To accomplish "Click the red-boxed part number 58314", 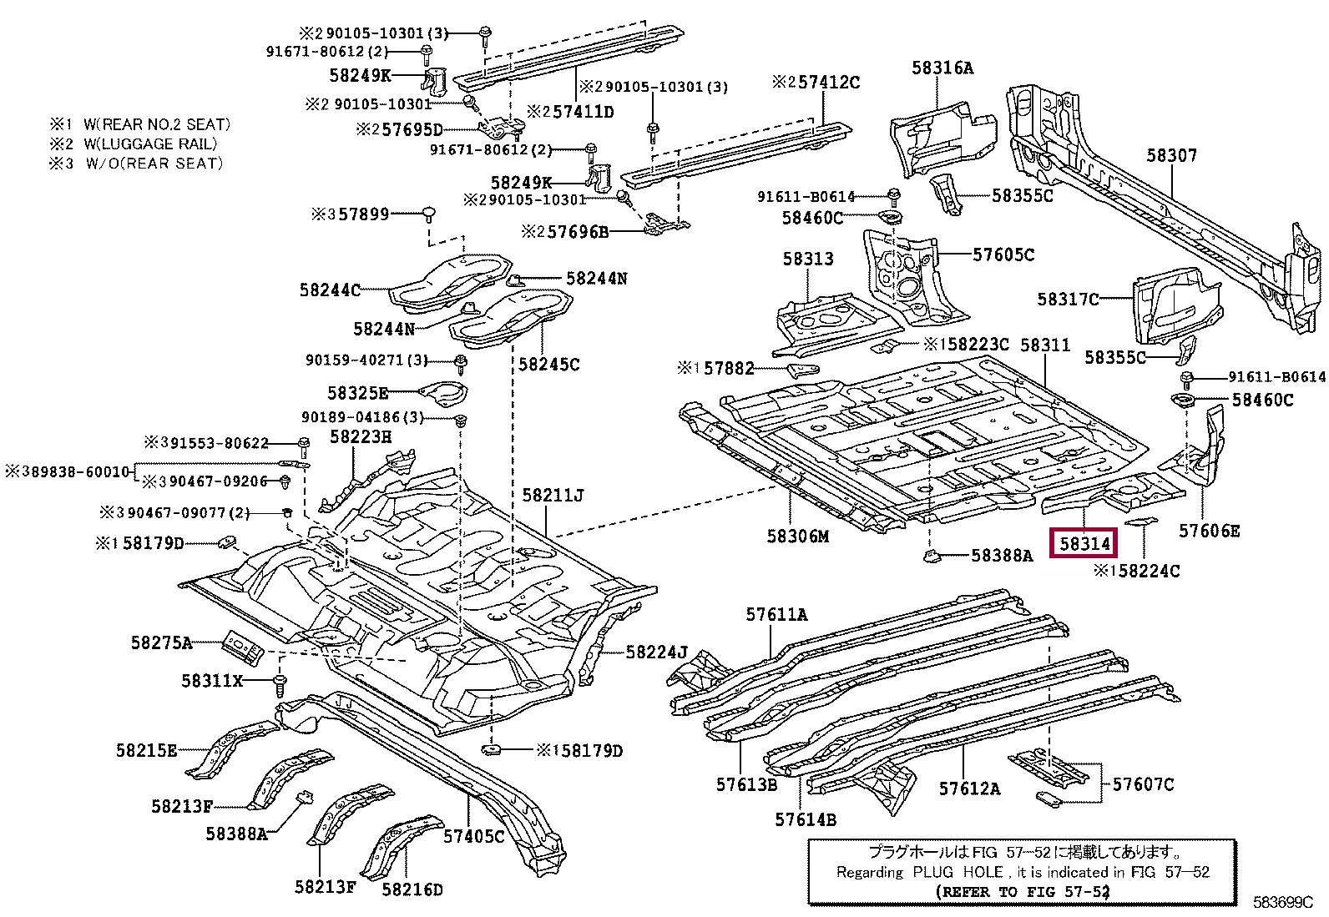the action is point(1084,543).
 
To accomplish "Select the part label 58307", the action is point(1172,155).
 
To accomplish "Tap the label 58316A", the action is point(942,68).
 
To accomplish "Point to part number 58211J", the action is point(553,495).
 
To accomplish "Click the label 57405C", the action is point(475,836).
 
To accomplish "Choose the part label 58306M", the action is point(798,537).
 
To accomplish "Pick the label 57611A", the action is point(776,614).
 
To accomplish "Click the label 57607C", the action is point(1144,784).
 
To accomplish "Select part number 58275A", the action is point(162,642).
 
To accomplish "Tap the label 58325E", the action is point(358,393).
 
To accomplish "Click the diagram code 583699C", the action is point(1283,902).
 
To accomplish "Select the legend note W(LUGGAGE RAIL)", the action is point(151,144).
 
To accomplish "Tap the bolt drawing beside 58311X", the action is point(280,684).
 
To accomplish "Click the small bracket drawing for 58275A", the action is point(243,647).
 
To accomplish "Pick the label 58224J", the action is point(657,652).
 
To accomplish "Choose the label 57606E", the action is point(1209,531).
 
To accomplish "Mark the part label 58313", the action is point(808,259).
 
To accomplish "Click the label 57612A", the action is point(969,789).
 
